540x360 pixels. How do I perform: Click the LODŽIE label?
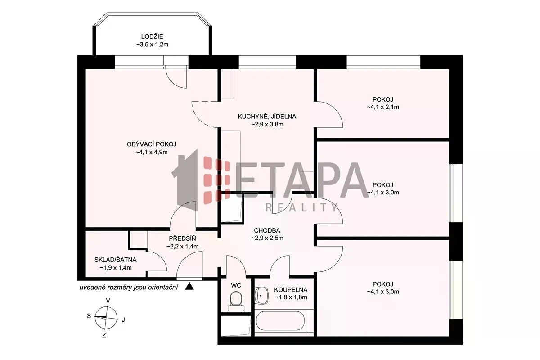152,36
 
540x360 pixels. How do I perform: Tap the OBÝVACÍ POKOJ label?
152,144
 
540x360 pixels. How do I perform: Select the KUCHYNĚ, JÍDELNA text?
267,117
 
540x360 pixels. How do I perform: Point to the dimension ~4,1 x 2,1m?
383,107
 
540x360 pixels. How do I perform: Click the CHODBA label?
267,231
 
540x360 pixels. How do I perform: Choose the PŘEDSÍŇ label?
183,238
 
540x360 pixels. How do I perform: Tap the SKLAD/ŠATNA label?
116,260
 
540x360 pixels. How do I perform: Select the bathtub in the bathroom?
280,321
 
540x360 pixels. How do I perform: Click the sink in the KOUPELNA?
261,296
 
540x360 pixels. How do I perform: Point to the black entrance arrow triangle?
189,286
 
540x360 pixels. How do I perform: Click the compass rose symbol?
106,317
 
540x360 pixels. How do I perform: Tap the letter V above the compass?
108,301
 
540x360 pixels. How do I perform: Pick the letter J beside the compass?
123,320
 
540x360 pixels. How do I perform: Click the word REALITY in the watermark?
301,207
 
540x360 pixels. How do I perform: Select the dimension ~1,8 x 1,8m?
291,297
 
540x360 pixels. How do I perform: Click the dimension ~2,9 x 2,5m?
267,238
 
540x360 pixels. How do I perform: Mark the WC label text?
236,285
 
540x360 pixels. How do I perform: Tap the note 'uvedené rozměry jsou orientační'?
129,288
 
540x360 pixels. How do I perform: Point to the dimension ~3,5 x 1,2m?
152,45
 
